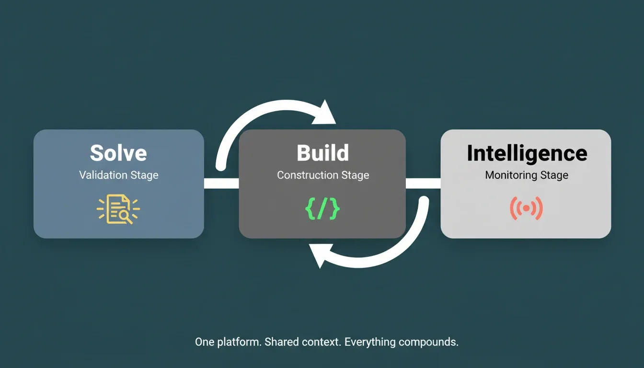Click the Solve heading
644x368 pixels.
(x=118, y=153)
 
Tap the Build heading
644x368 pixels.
(x=322, y=153)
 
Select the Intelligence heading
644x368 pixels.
(x=527, y=154)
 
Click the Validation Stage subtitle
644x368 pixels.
(x=119, y=175)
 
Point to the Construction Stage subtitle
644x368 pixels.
(x=323, y=175)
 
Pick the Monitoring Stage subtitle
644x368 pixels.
(x=527, y=175)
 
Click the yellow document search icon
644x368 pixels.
(x=118, y=209)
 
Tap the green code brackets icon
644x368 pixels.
(x=322, y=209)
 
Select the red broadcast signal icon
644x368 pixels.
(x=527, y=208)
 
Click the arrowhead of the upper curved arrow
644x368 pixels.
(x=325, y=114)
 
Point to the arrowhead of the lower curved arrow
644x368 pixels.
(x=321, y=255)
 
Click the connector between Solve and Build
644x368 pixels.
(x=221, y=184)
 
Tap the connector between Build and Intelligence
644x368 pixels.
(x=423, y=184)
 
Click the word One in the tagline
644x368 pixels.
(x=205, y=342)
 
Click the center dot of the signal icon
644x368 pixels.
(x=527, y=208)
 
